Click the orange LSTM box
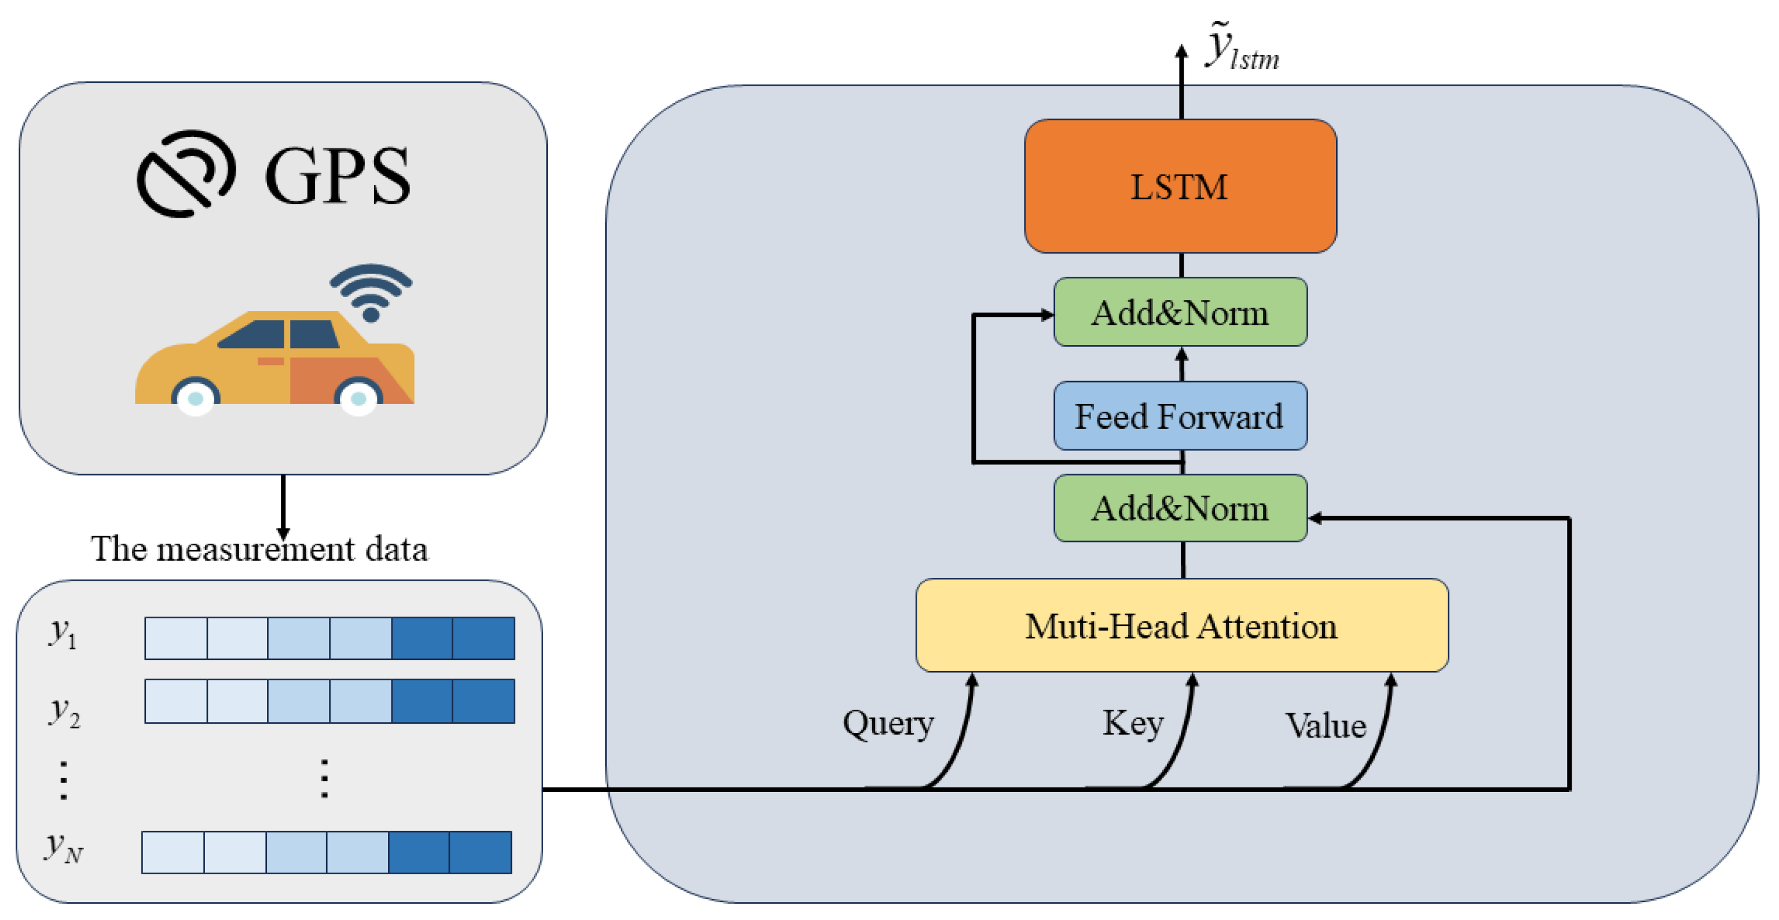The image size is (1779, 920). pyautogui.click(x=1180, y=186)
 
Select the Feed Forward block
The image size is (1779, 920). pyautogui.click(x=1180, y=416)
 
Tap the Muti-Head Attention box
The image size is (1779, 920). pyautogui.click(x=1181, y=625)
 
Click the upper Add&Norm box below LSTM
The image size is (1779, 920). pyautogui.click(x=1180, y=312)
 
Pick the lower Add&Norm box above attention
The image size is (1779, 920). pyautogui.click(x=1180, y=508)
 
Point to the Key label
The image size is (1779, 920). pyautogui.click(x=1133, y=723)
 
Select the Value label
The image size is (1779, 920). pyautogui.click(x=1324, y=725)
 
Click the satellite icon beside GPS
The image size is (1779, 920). pyautogui.click(x=186, y=173)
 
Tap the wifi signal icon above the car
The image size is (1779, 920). pyautogui.click(x=371, y=291)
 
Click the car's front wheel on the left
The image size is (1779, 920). pyautogui.click(x=195, y=397)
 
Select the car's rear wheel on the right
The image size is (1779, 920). pyautogui.click(x=358, y=397)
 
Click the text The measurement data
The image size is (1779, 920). pyautogui.click(x=259, y=549)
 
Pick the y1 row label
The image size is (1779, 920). pyautogui.click(x=62, y=633)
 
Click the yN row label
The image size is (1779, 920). pyautogui.click(x=64, y=848)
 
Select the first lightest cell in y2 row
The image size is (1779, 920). pyautogui.click(x=175, y=701)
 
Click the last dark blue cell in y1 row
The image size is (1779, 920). pyautogui.click(x=483, y=637)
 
